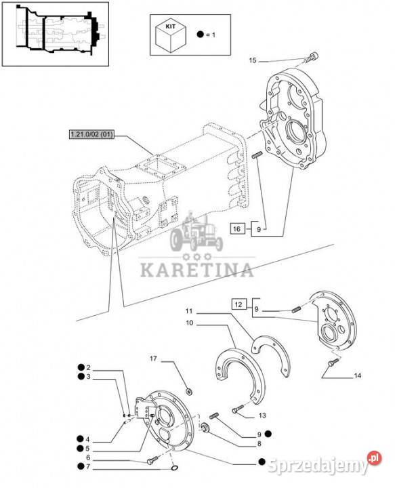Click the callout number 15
coord(253,60)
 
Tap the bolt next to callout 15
coord(312,58)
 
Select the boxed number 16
coord(236,229)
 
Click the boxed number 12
coord(238,304)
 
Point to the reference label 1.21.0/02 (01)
coord(91,135)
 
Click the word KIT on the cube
coord(171,26)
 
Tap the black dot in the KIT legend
coord(201,35)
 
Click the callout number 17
coord(153,359)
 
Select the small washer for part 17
coord(188,390)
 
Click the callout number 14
coord(357,375)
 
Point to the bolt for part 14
coord(333,362)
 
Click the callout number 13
coord(262,415)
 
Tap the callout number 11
coord(189,311)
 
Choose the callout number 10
coord(190,323)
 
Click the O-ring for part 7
coord(175,468)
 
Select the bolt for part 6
coord(152,460)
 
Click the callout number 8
coord(259,444)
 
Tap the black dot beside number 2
coord(81,367)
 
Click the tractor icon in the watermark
coord(196,232)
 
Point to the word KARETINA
coord(196,270)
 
